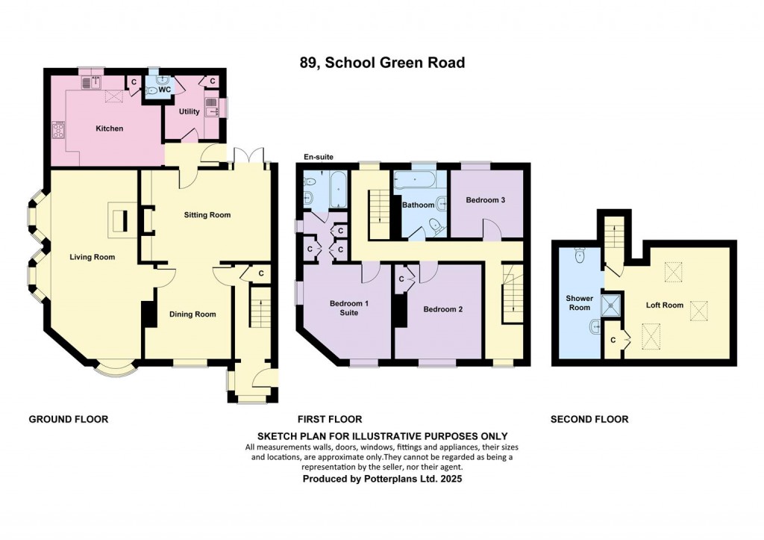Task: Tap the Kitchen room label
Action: [109, 128]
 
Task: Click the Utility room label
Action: [189, 111]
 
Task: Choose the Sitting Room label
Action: [207, 215]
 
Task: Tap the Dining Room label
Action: [192, 314]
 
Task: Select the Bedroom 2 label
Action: [443, 308]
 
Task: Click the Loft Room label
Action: [664, 305]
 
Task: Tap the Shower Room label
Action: [579, 302]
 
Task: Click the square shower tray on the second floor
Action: [613, 302]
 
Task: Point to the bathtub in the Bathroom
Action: [418, 181]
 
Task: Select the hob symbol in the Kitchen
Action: [57, 131]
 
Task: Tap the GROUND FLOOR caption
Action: [69, 419]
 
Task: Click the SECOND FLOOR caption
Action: [589, 419]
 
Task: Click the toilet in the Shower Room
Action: [580, 256]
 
